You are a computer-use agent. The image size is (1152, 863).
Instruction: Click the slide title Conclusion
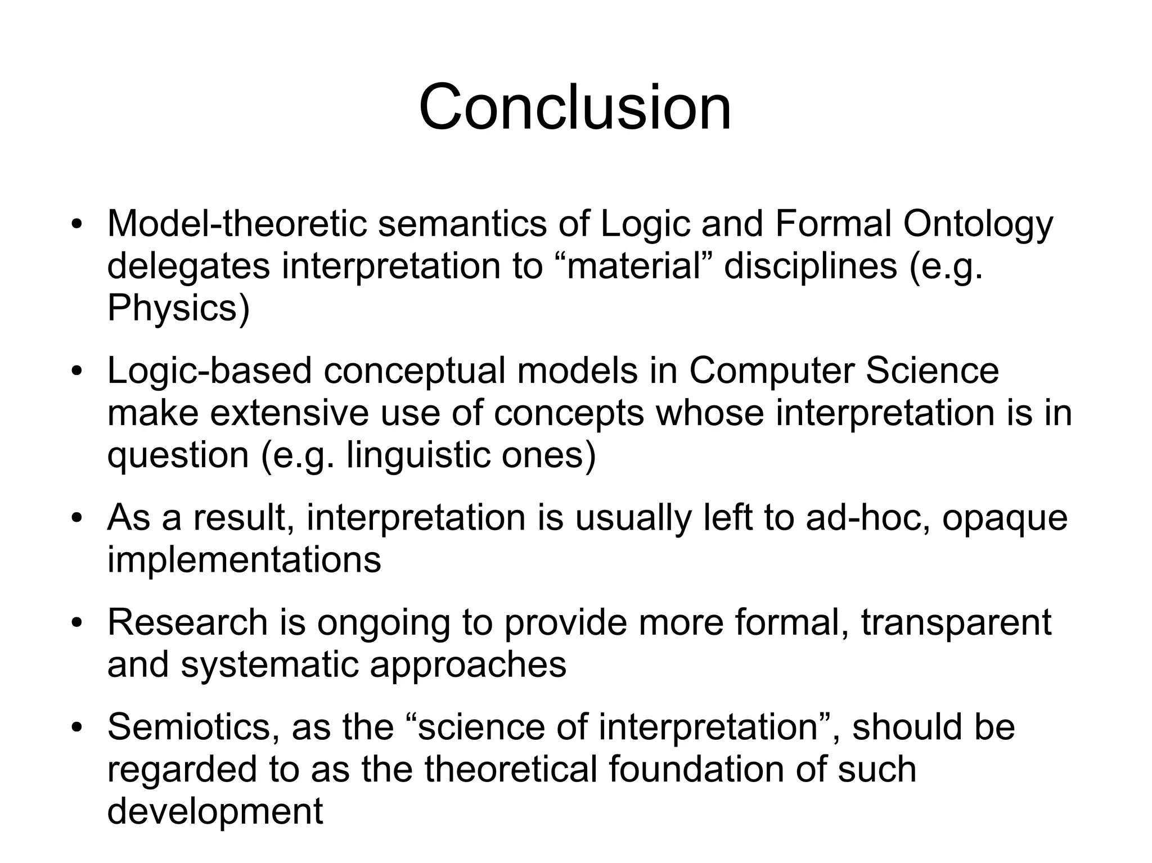(x=575, y=106)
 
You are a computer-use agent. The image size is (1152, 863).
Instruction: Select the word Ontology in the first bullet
(x=978, y=224)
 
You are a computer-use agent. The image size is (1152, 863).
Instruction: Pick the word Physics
(x=174, y=308)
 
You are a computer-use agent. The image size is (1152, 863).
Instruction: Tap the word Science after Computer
(x=932, y=371)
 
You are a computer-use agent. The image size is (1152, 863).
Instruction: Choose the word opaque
(x=1005, y=518)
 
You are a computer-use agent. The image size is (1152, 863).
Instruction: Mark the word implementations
(x=244, y=559)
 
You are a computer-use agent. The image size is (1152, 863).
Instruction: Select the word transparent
(x=956, y=622)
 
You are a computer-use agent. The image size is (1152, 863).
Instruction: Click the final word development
(x=215, y=811)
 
